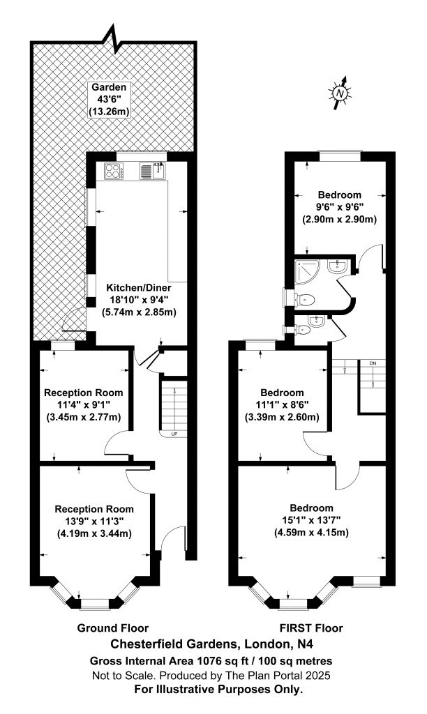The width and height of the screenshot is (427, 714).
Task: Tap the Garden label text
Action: (109, 86)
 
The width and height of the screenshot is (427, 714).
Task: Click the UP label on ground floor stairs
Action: (174, 434)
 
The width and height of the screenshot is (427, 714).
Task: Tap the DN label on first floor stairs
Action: (373, 363)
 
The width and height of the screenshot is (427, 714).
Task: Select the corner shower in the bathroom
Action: (308, 271)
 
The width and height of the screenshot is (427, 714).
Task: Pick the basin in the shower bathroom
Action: (338, 267)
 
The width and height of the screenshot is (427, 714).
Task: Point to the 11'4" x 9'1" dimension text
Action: (84, 404)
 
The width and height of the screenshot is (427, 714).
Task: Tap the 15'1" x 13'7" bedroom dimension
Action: (311, 519)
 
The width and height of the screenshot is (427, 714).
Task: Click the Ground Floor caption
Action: (113, 628)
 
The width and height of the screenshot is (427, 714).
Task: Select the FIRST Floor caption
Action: (311, 628)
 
